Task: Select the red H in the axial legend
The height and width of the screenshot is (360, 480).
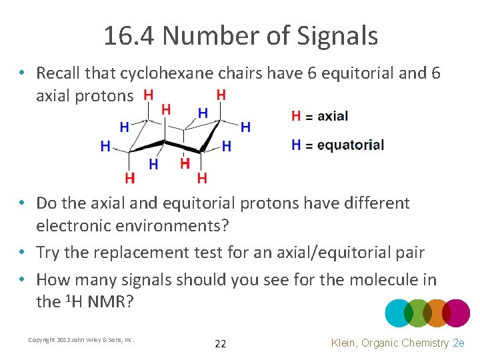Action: click(296, 116)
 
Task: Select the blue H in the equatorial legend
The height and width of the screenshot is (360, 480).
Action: click(296, 144)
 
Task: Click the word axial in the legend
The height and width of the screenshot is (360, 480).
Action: click(332, 116)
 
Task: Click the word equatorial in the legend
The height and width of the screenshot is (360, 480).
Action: click(350, 145)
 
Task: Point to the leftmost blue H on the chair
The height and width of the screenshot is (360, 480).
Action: click(105, 146)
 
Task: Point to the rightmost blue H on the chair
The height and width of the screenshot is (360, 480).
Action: click(245, 127)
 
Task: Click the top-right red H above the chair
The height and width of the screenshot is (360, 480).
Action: click(221, 95)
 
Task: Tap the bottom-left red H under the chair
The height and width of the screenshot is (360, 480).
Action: click(129, 178)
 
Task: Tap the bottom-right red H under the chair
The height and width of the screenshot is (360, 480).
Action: click(202, 178)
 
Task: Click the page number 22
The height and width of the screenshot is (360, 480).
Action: click(221, 344)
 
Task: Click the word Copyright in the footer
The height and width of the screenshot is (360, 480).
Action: click(41, 340)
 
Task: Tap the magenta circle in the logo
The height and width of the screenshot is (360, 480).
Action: click(456, 313)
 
